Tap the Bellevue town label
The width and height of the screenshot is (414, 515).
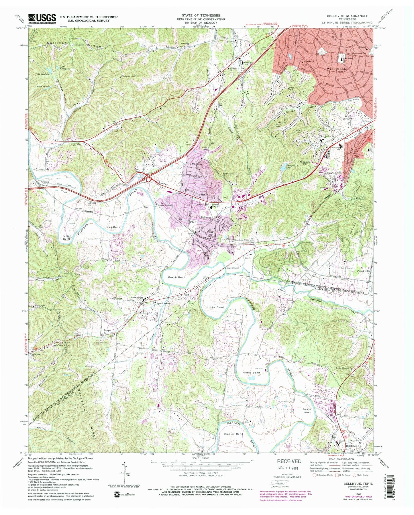coord(206,218)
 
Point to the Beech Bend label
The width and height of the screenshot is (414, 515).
coord(176,277)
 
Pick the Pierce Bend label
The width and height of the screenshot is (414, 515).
coord(251,373)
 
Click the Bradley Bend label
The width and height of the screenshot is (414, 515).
coord(233,434)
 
